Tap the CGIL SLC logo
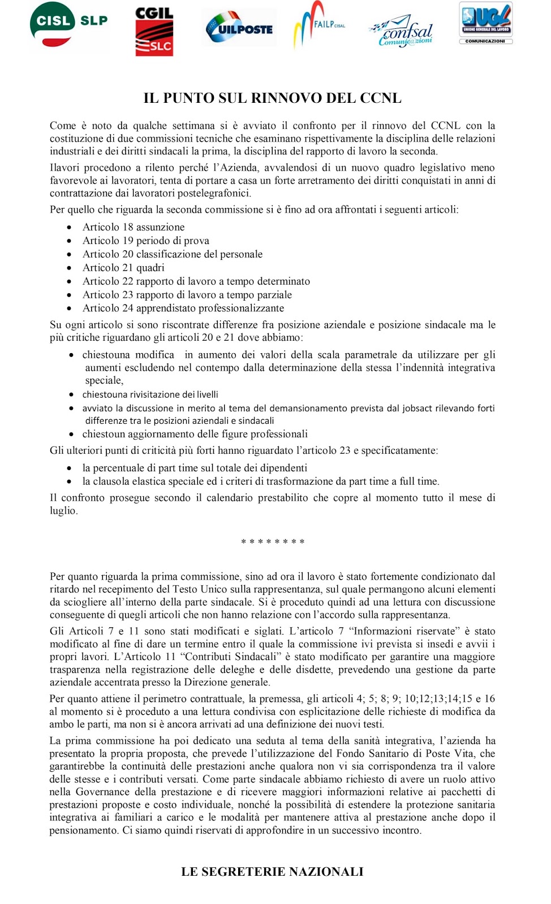[x=154, y=31]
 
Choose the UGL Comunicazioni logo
[x=485, y=23]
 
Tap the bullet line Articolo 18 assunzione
[x=134, y=227]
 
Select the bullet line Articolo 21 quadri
[x=123, y=268]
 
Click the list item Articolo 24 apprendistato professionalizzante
[x=183, y=308]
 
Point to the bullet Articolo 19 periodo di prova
[x=146, y=241]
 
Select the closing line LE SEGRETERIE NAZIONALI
[x=272, y=872]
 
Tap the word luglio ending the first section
[x=63, y=511]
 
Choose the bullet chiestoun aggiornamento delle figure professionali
[x=195, y=434]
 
